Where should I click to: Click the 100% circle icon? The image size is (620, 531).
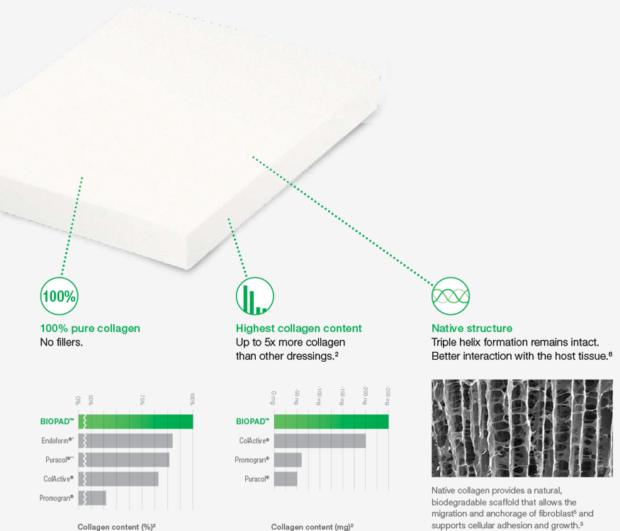point(60,297)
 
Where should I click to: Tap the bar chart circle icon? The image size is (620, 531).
point(255,297)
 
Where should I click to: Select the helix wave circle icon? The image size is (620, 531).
point(451,297)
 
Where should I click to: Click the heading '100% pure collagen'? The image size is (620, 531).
point(90,329)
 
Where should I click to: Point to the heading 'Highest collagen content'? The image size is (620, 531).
point(298,329)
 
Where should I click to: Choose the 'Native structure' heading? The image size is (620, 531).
point(472,329)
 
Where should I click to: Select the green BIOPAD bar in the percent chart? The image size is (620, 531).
point(135,421)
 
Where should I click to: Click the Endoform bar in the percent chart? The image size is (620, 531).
point(125,441)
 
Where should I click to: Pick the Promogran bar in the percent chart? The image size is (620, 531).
point(92,498)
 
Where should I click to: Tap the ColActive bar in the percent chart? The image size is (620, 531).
point(118,479)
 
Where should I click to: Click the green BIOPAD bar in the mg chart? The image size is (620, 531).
point(332,421)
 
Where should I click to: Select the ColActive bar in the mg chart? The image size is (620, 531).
point(320,441)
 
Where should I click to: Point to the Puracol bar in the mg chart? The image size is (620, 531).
point(286,479)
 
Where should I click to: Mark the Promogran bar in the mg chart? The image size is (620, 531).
point(288,460)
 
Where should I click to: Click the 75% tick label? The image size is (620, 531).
point(142,399)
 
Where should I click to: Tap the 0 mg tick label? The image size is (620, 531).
point(274,398)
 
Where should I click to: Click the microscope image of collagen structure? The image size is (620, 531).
point(522,428)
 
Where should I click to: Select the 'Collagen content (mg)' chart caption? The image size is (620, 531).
point(312,527)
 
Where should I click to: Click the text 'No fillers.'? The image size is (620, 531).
point(61,342)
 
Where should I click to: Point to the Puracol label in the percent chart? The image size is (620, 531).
point(60,460)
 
